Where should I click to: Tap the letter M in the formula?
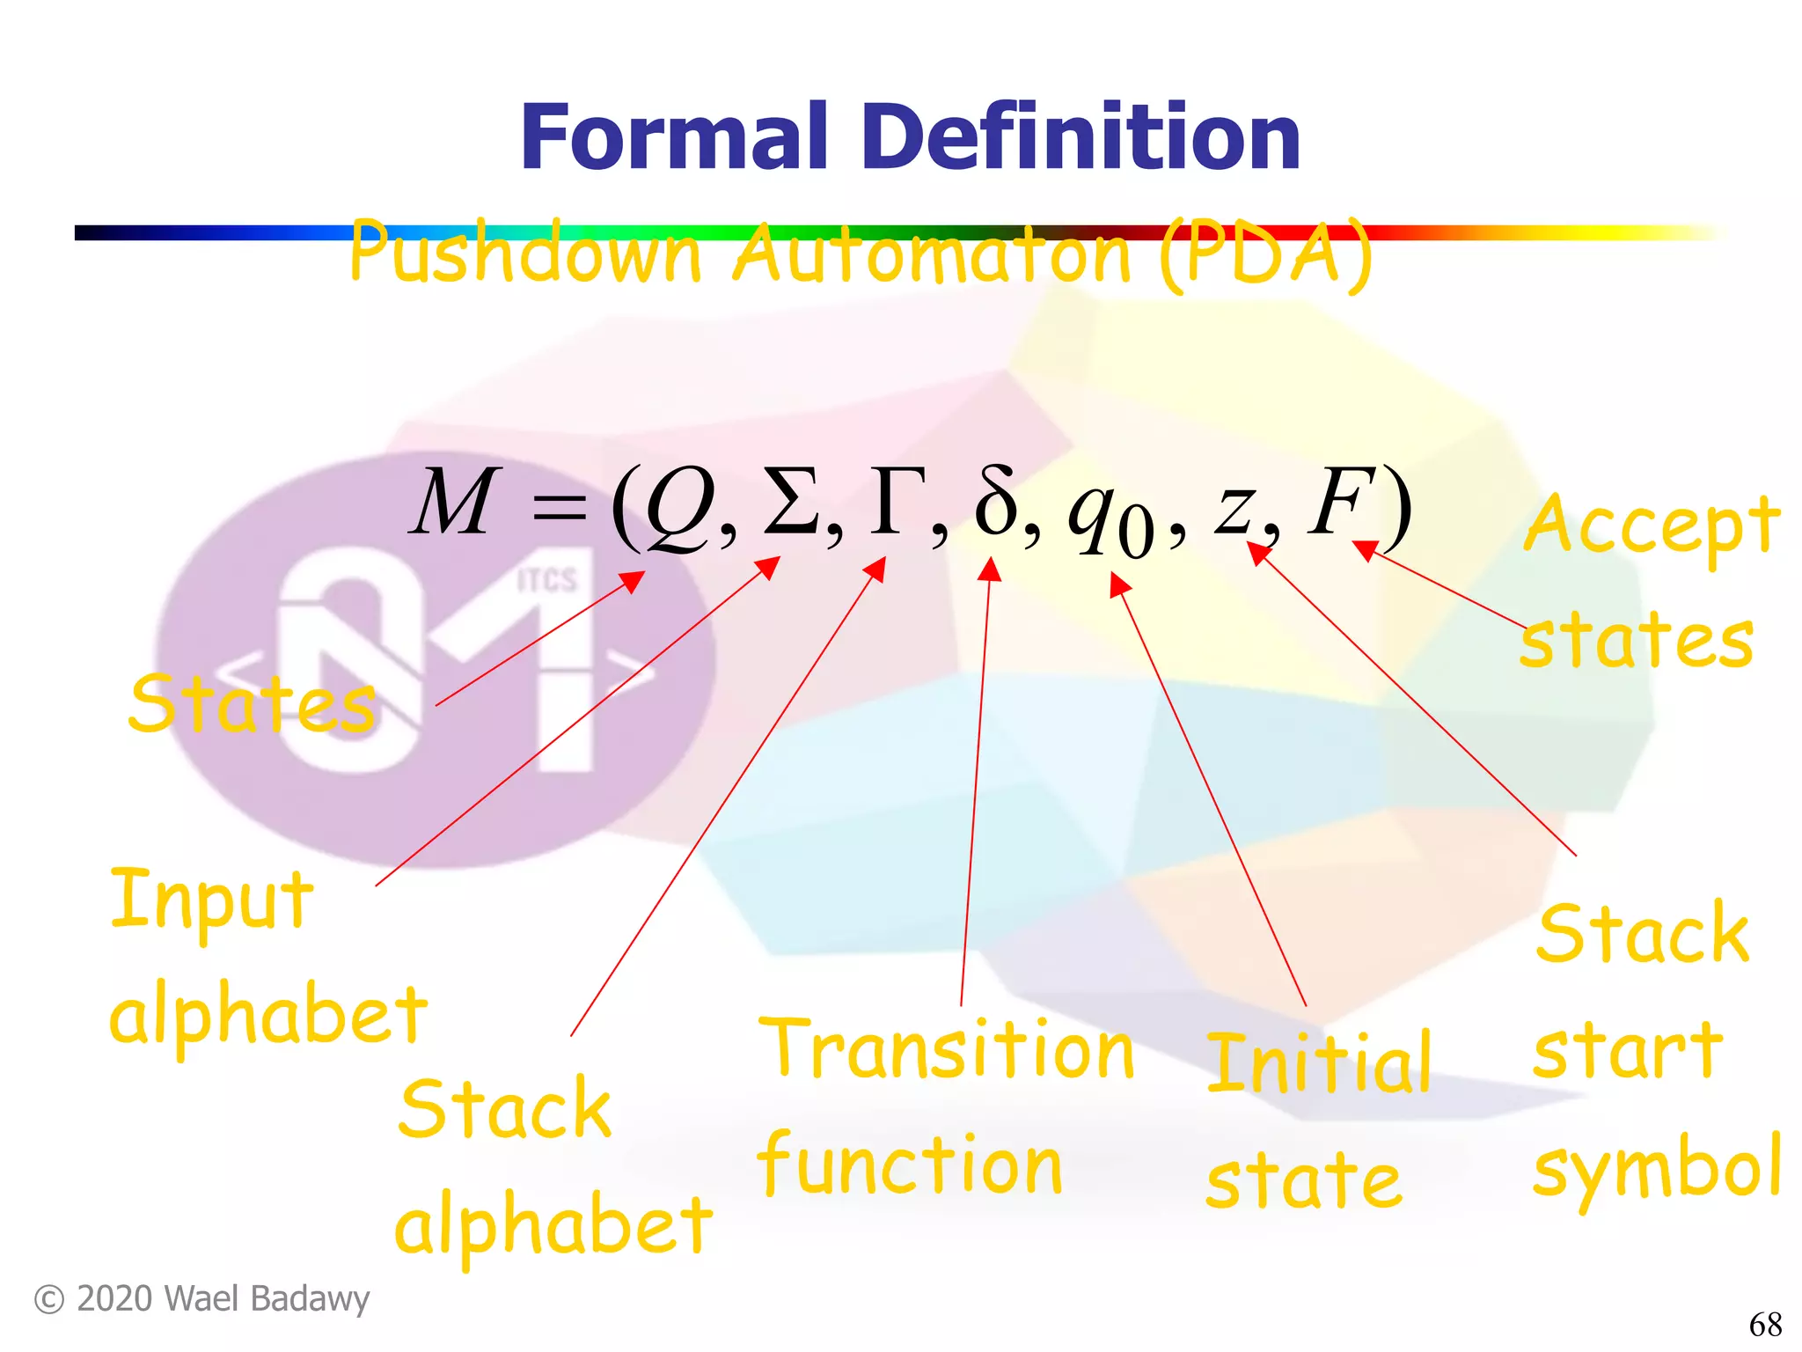454,503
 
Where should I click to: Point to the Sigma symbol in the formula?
790,503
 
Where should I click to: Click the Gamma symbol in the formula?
898,503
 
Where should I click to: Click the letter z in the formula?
1234,511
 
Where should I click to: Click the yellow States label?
253,703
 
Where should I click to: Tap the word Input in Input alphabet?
212,899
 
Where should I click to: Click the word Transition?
947,1049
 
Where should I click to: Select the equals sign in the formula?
560,508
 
